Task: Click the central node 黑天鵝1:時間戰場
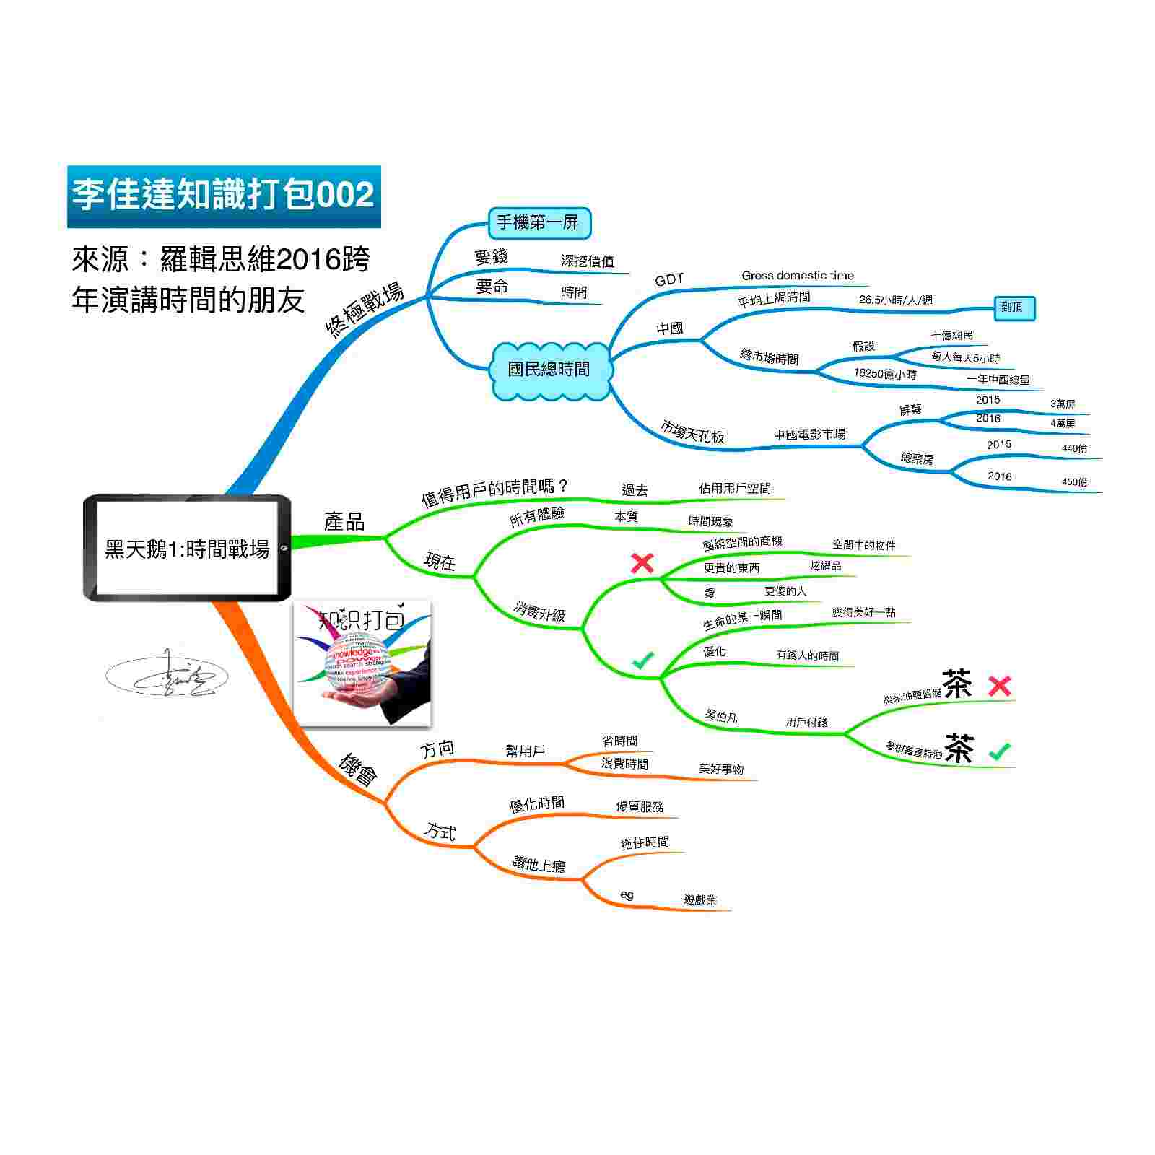click(187, 549)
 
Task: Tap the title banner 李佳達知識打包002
click(224, 196)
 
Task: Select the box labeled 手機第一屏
click(539, 223)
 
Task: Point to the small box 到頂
click(1013, 308)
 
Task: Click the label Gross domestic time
click(797, 276)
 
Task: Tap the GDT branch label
click(668, 280)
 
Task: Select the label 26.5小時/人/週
click(895, 300)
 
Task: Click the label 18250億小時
click(884, 374)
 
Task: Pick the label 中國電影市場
click(809, 435)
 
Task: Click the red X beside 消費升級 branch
click(642, 563)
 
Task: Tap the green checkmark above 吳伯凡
click(642, 659)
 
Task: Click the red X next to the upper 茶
click(1000, 686)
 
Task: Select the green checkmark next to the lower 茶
click(1000, 751)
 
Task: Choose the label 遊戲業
click(700, 900)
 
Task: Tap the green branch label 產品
click(344, 522)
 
